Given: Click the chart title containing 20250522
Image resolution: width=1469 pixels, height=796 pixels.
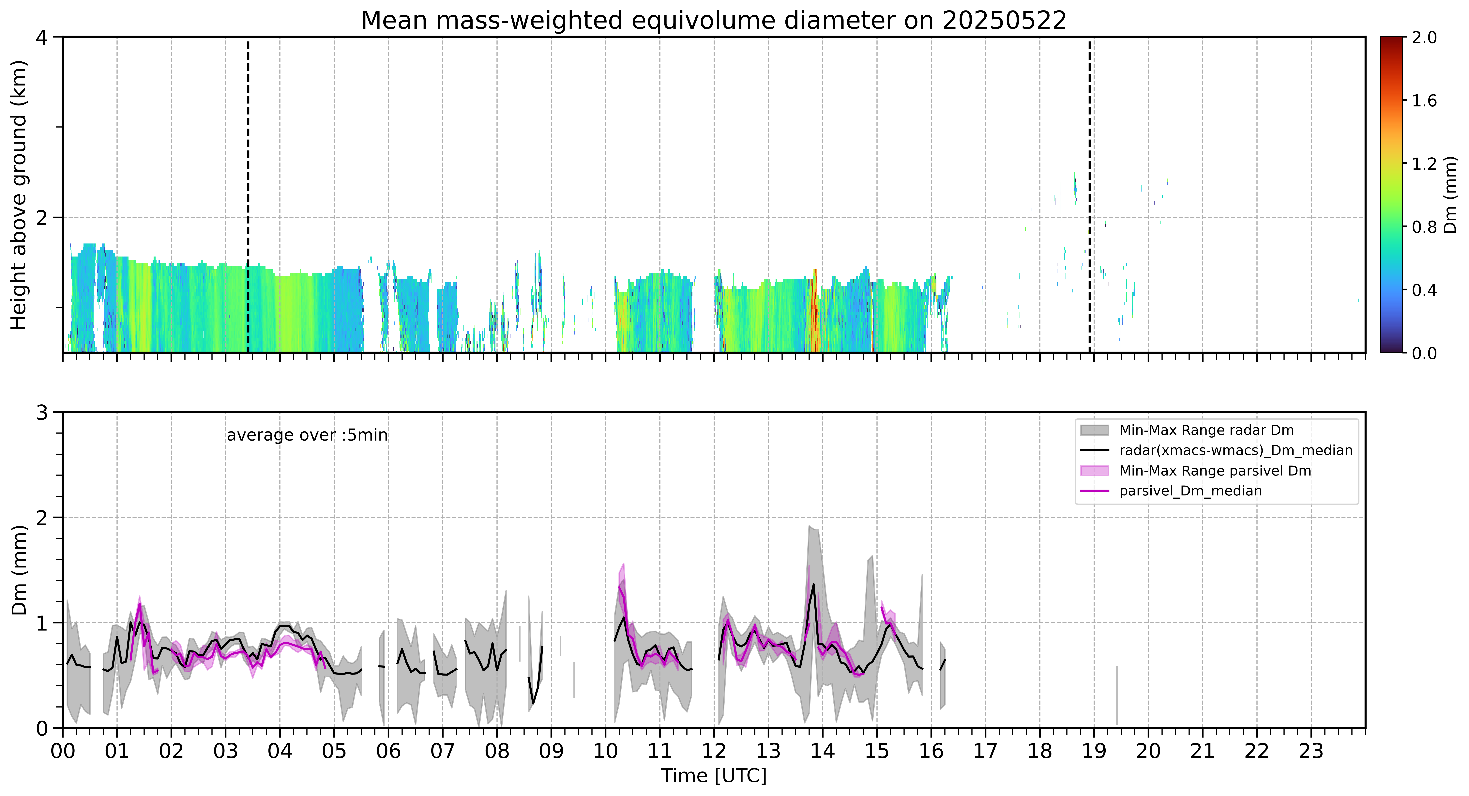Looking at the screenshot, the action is [713, 21].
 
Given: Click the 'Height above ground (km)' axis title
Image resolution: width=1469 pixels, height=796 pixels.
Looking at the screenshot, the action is [19, 195].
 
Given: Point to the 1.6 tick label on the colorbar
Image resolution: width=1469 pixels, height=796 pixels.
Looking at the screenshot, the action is [1424, 101].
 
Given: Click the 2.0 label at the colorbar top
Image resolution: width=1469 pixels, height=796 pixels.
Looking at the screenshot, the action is [1424, 38].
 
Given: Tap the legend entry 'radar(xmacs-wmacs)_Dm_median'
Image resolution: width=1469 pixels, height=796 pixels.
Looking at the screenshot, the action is [1216, 450].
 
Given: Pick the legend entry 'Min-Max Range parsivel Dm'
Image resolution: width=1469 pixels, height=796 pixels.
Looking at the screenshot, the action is [1196, 471].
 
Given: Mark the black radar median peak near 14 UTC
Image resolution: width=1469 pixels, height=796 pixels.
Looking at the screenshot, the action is [813, 584].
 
